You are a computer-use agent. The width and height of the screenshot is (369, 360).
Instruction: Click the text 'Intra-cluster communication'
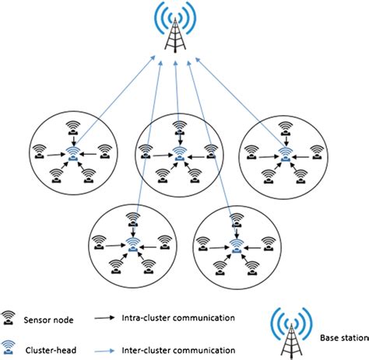point(178,317)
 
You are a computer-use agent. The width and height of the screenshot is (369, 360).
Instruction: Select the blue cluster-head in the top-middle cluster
point(180,150)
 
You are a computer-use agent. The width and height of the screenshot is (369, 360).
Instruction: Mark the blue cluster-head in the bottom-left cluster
point(134,243)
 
